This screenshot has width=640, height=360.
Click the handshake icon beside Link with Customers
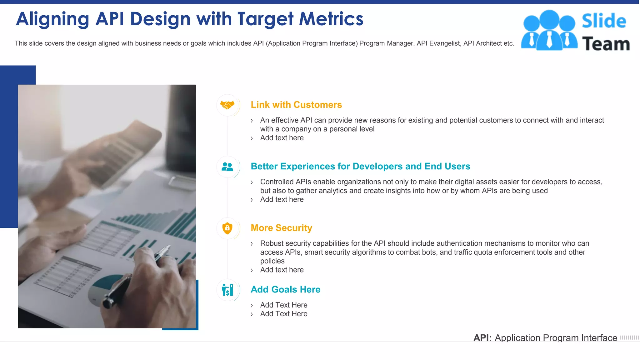point(227,105)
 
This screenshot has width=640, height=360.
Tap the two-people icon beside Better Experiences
point(227,167)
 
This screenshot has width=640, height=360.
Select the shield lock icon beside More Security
point(227,228)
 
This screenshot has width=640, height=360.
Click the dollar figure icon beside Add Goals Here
point(227,290)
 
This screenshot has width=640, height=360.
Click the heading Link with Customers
point(296,105)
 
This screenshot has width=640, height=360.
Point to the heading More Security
point(281,228)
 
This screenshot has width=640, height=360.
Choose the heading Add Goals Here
point(285,289)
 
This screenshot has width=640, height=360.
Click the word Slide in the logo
point(604,21)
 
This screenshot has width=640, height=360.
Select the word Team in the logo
point(606,44)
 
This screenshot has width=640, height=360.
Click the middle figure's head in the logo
point(549,19)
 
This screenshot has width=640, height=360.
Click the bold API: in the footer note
point(482,338)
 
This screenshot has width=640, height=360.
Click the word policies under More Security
point(272,261)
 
